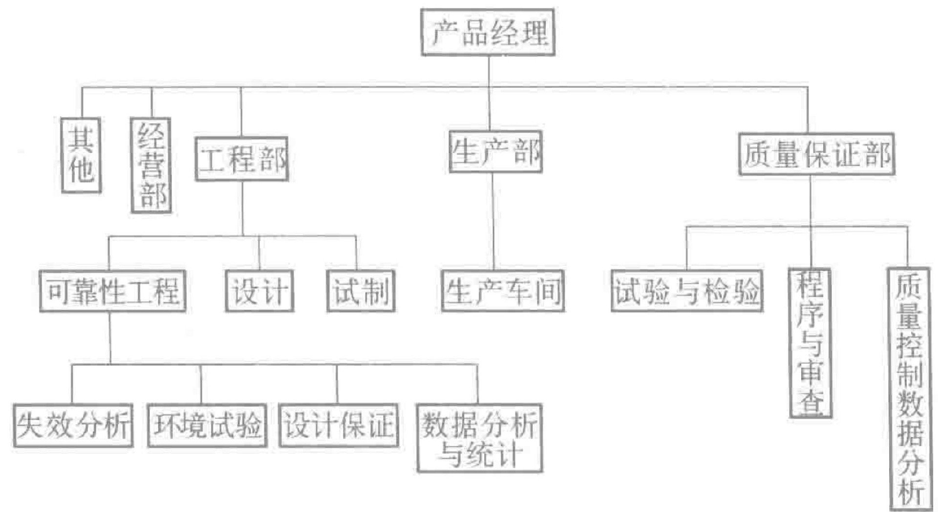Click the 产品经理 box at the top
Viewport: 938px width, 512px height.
[x=488, y=32]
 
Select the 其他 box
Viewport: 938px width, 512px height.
[x=81, y=155]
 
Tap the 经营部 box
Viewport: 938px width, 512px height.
[x=151, y=165]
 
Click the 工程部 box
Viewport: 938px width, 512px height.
[x=242, y=159]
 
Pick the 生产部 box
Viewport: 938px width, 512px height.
[x=495, y=152]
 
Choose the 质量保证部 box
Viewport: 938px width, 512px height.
[x=816, y=154]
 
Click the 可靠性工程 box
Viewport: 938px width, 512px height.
[x=112, y=291]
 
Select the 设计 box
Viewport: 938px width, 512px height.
[x=259, y=291]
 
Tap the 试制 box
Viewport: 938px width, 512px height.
[x=361, y=291]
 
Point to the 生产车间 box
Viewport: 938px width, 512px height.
[x=503, y=291]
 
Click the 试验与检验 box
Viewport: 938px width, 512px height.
[x=687, y=291]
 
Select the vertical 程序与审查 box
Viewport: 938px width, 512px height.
[x=810, y=343]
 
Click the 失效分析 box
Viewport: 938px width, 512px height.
[x=73, y=425]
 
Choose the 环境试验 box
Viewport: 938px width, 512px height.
[x=207, y=425]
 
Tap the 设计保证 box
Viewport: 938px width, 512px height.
[x=339, y=425]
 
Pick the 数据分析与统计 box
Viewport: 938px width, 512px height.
[x=479, y=438]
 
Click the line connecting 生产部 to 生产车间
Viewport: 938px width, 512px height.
[x=492, y=221]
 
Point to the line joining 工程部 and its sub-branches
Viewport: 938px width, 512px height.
[x=242, y=209]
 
